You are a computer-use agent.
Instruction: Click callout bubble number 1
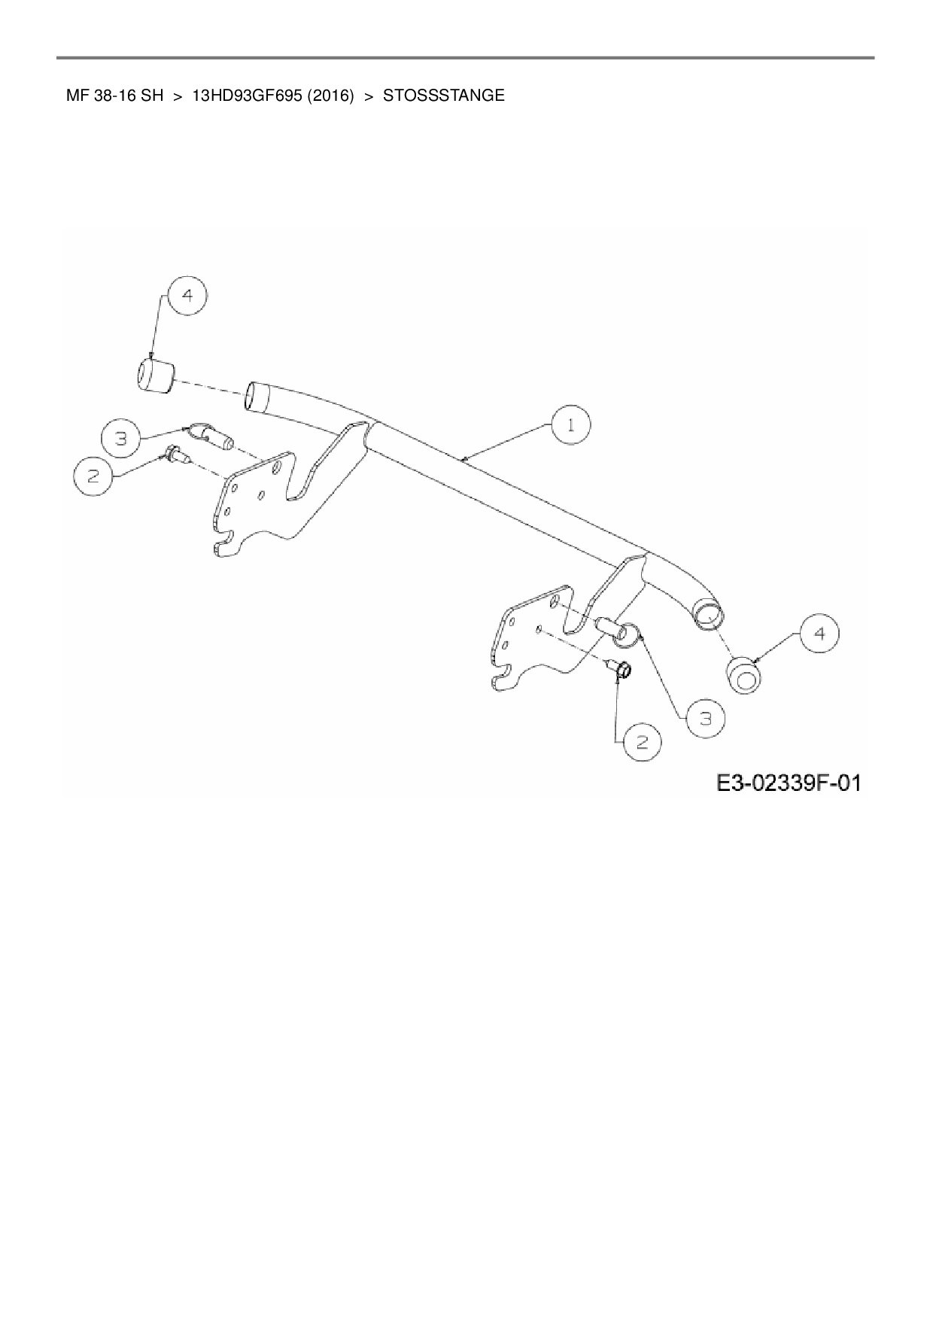(570, 425)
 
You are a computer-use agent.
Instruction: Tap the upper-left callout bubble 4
(187, 296)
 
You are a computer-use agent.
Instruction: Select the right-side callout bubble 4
(819, 634)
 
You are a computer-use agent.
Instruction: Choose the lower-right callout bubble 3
(705, 719)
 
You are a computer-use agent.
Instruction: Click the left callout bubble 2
(94, 476)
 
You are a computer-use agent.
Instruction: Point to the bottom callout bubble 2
(642, 742)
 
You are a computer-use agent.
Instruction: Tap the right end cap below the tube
(744, 674)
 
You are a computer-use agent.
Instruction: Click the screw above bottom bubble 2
(622, 669)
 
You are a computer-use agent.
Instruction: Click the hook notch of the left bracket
(223, 546)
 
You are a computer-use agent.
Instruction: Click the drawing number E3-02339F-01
(788, 783)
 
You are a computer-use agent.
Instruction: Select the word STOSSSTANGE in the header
(444, 96)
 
